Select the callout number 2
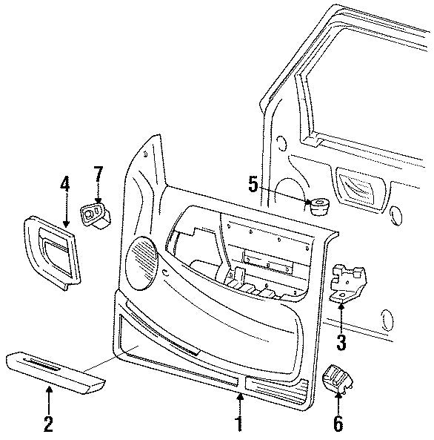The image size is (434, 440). pyautogui.click(x=49, y=425)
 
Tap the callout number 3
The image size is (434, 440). pyautogui.click(x=341, y=343)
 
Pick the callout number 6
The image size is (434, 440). pyautogui.click(x=338, y=425)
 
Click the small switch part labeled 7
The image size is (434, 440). pyautogui.click(x=95, y=216)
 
